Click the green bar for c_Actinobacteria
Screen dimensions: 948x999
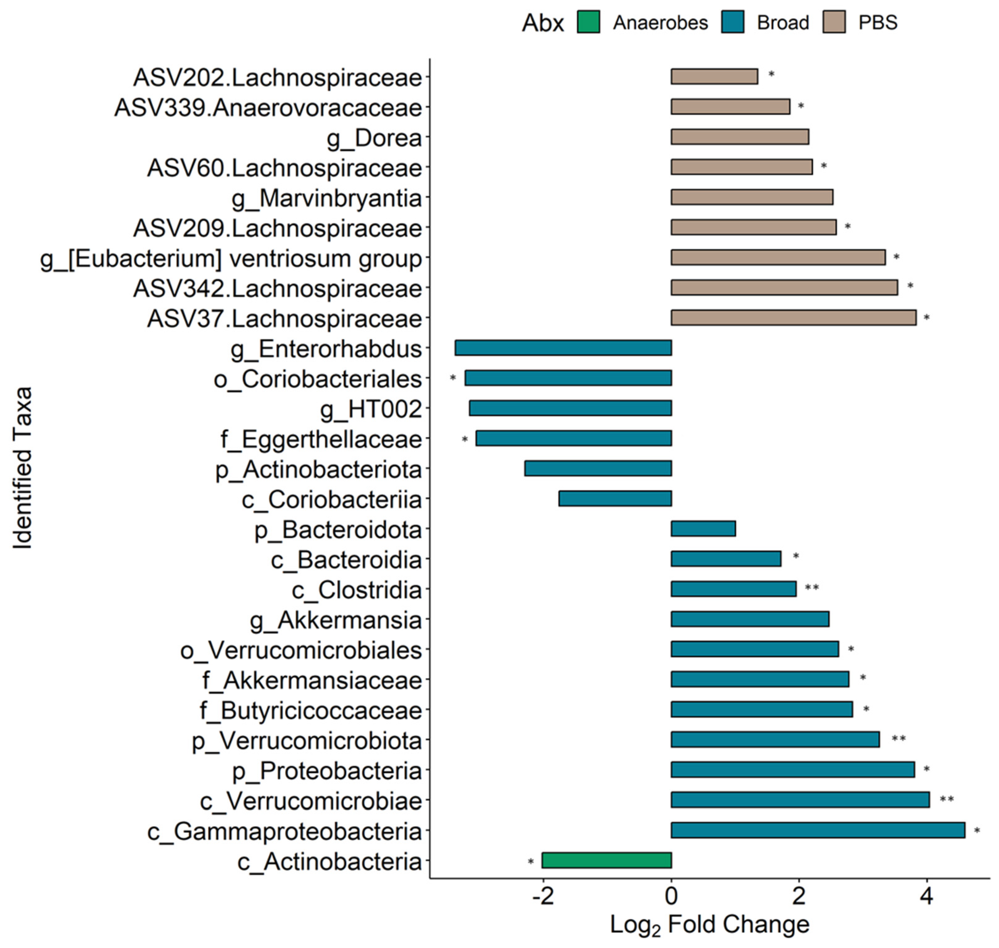coord(606,860)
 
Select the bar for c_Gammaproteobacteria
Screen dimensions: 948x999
coord(817,830)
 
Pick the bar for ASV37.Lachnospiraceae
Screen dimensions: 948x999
coord(793,318)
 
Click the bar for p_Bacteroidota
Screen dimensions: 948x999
coord(703,529)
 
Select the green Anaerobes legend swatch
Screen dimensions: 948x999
coord(588,22)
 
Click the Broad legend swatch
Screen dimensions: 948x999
coord(732,22)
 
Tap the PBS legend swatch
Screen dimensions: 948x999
coord(834,22)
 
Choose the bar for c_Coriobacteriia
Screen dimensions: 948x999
coord(615,499)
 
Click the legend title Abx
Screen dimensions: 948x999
coord(543,23)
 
